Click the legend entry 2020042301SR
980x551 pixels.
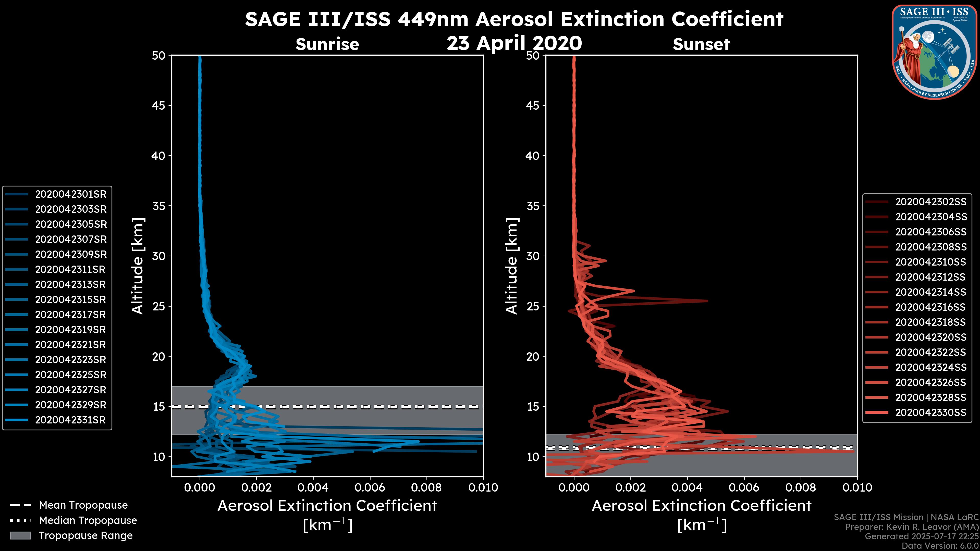click(70, 194)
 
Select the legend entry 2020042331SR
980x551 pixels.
click(70, 420)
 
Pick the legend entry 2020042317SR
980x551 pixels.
click(70, 315)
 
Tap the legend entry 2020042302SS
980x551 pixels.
click(930, 202)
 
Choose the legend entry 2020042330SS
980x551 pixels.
click(930, 412)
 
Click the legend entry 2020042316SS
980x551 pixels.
click(930, 307)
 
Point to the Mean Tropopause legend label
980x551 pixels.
click(83, 505)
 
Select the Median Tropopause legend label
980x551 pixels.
click(88, 521)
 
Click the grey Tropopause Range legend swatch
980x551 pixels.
click(20, 536)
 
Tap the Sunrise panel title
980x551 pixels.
click(327, 44)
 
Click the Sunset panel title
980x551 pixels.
click(701, 44)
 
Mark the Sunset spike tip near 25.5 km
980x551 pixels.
click(707, 301)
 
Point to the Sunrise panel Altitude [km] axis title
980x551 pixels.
click(138, 266)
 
